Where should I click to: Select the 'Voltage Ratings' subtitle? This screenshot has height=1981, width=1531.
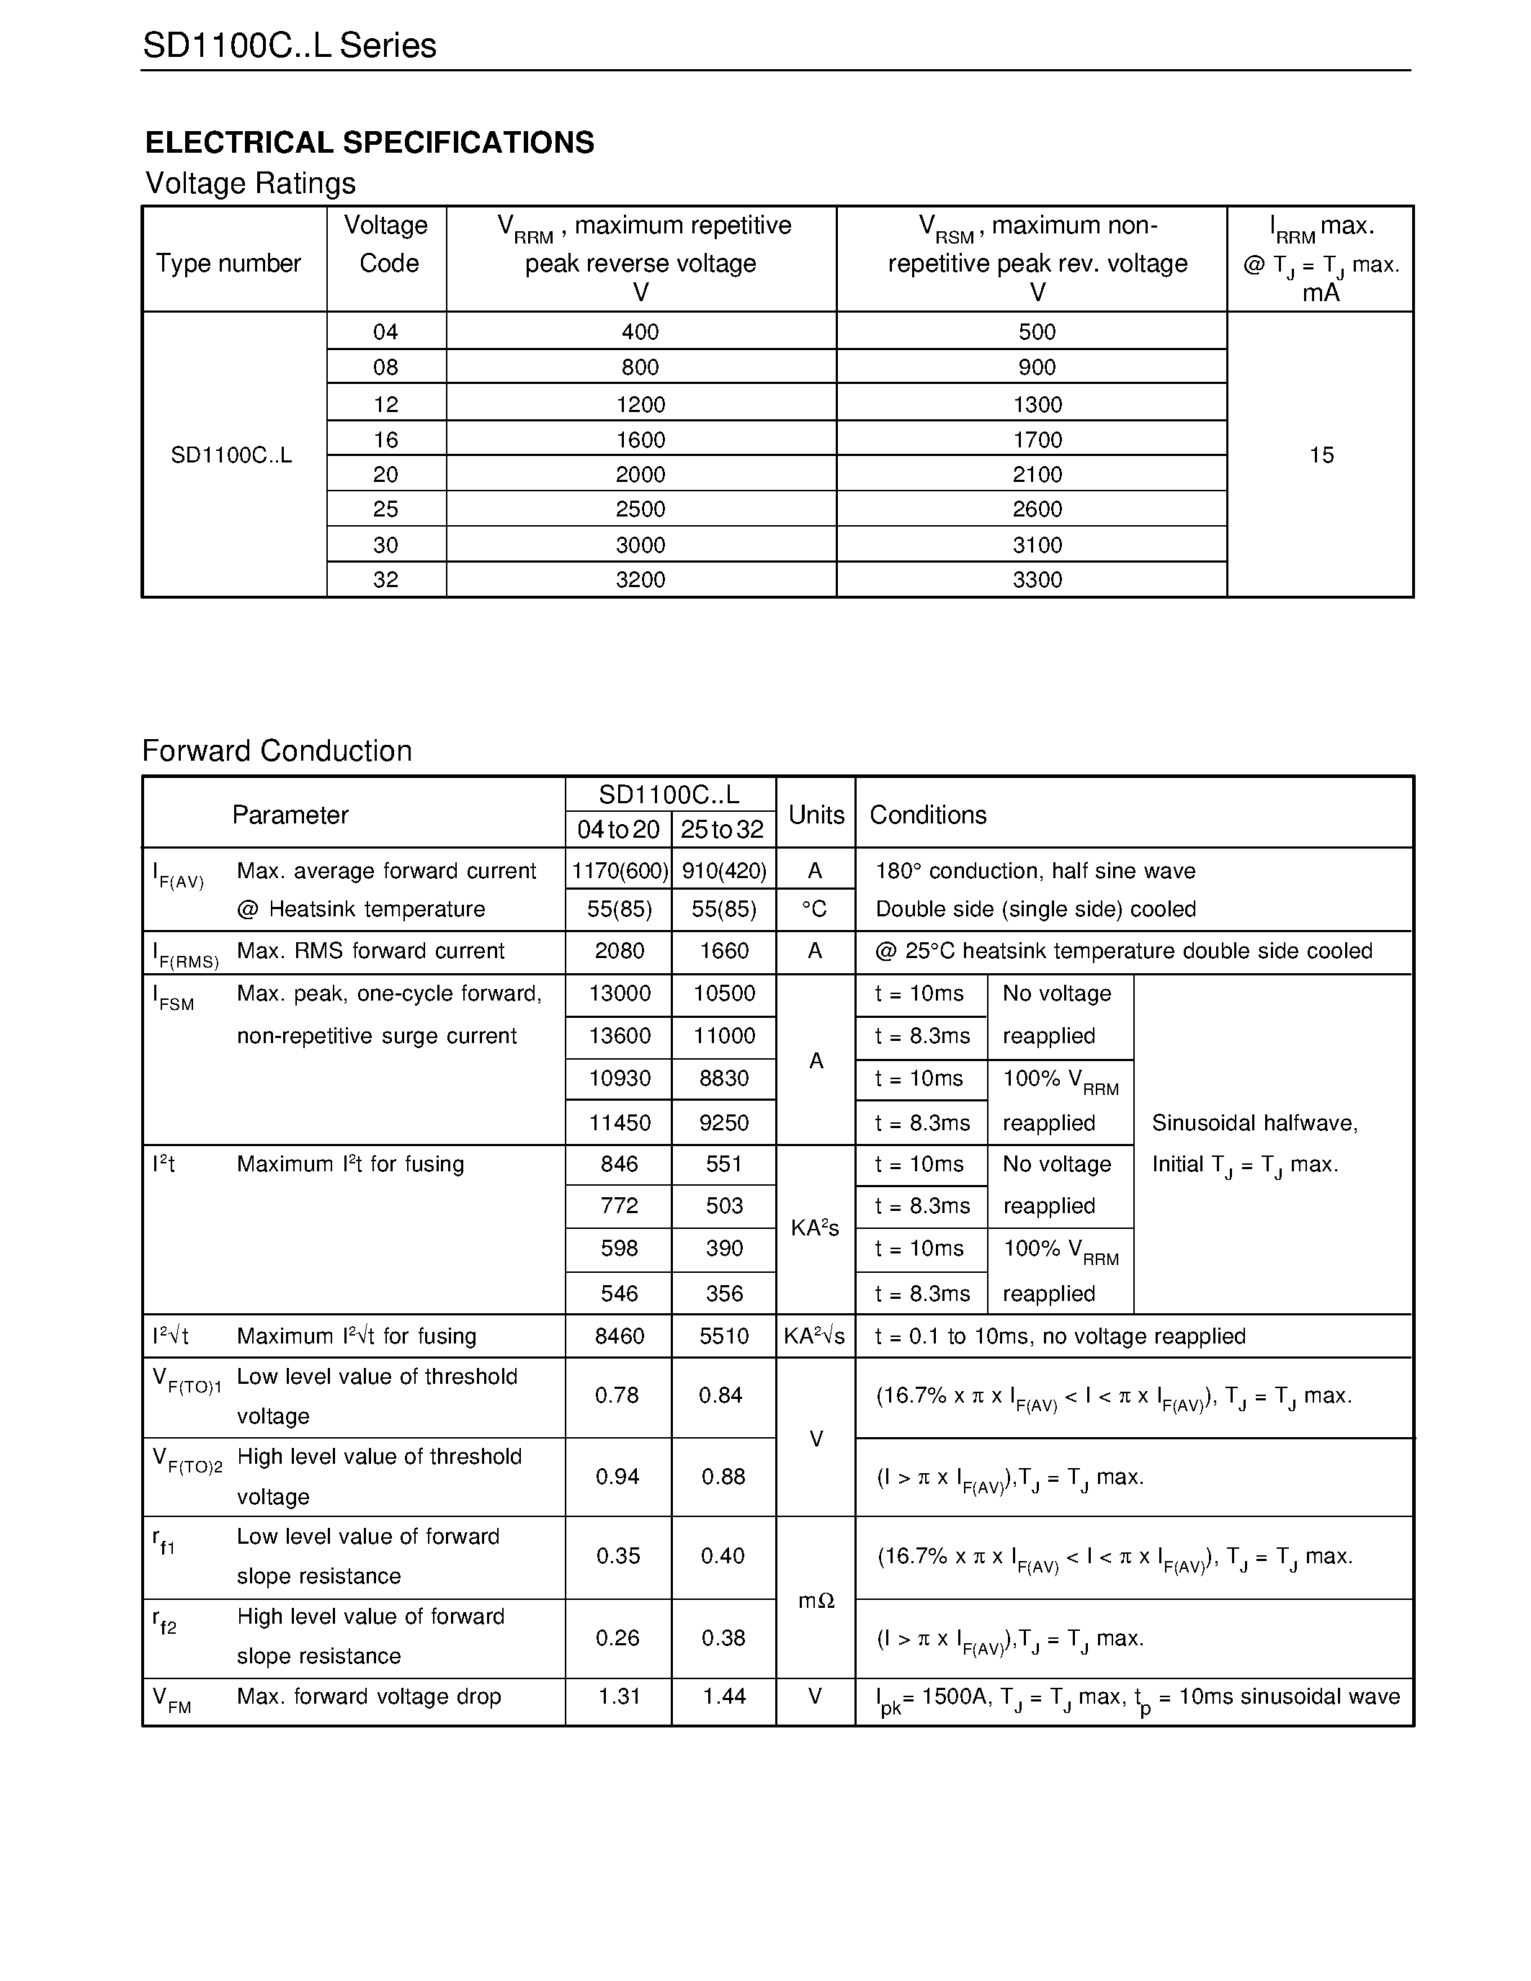point(250,183)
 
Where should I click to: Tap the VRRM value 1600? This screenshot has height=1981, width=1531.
point(640,440)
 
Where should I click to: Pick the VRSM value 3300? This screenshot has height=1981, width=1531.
point(1037,580)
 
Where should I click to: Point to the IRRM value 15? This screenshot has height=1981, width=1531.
point(1321,455)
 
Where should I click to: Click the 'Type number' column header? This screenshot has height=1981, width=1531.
point(228,263)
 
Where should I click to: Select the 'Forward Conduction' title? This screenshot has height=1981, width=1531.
point(277,751)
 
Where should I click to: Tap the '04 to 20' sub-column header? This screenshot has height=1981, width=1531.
point(619,829)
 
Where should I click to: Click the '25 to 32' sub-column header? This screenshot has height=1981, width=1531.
point(723,829)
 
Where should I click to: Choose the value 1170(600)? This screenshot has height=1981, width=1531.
point(620,871)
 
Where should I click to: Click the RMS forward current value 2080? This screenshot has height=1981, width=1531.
point(620,951)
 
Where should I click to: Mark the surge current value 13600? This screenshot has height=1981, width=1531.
point(620,1036)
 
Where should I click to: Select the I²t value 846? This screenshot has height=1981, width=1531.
point(620,1163)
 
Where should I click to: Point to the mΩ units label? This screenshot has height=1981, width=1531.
point(816,1601)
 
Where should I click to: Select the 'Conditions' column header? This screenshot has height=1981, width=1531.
point(928,815)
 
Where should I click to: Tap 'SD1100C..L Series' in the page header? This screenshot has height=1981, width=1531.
point(290,45)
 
